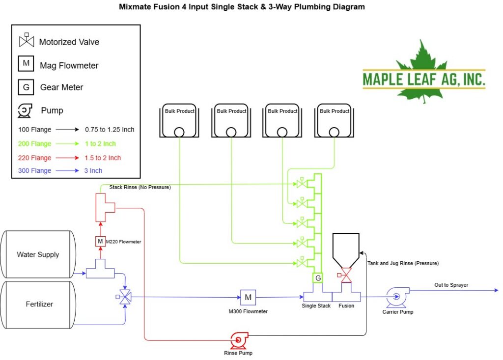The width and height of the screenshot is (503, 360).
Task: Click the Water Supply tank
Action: click(x=38, y=254)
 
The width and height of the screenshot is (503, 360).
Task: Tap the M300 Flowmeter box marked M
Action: click(x=248, y=298)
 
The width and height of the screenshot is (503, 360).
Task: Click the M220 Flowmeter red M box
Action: click(x=100, y=241)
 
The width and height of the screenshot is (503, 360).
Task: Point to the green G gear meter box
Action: click(x=318, y=278)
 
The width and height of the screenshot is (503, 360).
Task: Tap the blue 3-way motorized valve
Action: click(x=124, y=297)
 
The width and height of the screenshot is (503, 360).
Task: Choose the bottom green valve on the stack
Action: click(x=302, y=262)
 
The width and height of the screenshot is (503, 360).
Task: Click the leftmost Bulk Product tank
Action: click(x=179, y=120)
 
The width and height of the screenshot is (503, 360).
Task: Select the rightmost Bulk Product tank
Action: click(x=334, y=120)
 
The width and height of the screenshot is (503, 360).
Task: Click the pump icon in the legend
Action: click(x=25, y=111)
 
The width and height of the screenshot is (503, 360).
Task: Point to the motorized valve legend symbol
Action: click(x=27, y=40)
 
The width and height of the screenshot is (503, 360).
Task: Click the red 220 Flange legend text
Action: click(x=35, y=158)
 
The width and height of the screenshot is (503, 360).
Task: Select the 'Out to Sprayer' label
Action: click(x=451, y=285)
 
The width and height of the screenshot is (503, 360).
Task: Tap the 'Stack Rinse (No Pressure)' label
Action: click(x=140, y=187)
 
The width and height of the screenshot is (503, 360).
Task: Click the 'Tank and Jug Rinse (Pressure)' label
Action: click(x=403, y=263)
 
